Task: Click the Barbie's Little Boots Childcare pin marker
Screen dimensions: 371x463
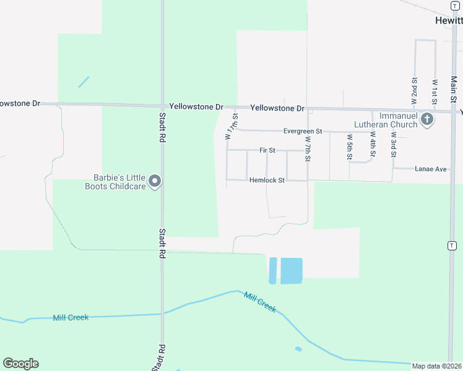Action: [x=155, y=181]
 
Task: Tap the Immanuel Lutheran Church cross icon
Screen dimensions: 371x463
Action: [x=426, y=119]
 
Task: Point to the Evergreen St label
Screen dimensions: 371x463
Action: [x=303, y=131]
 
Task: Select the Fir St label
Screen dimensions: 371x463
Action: [x=267, y=150]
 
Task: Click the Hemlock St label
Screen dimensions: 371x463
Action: [x=267, y=181]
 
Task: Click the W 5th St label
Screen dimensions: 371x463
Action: [x=350, y=147]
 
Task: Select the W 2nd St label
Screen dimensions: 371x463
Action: [x=414, y=90]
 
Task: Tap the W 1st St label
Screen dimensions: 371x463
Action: [x=435, y=90]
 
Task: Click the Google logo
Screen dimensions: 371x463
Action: [x=20, y=363]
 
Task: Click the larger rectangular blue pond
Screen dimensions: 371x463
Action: [x=292, y=271]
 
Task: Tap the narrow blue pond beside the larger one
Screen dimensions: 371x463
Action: [x=272, y=271]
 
